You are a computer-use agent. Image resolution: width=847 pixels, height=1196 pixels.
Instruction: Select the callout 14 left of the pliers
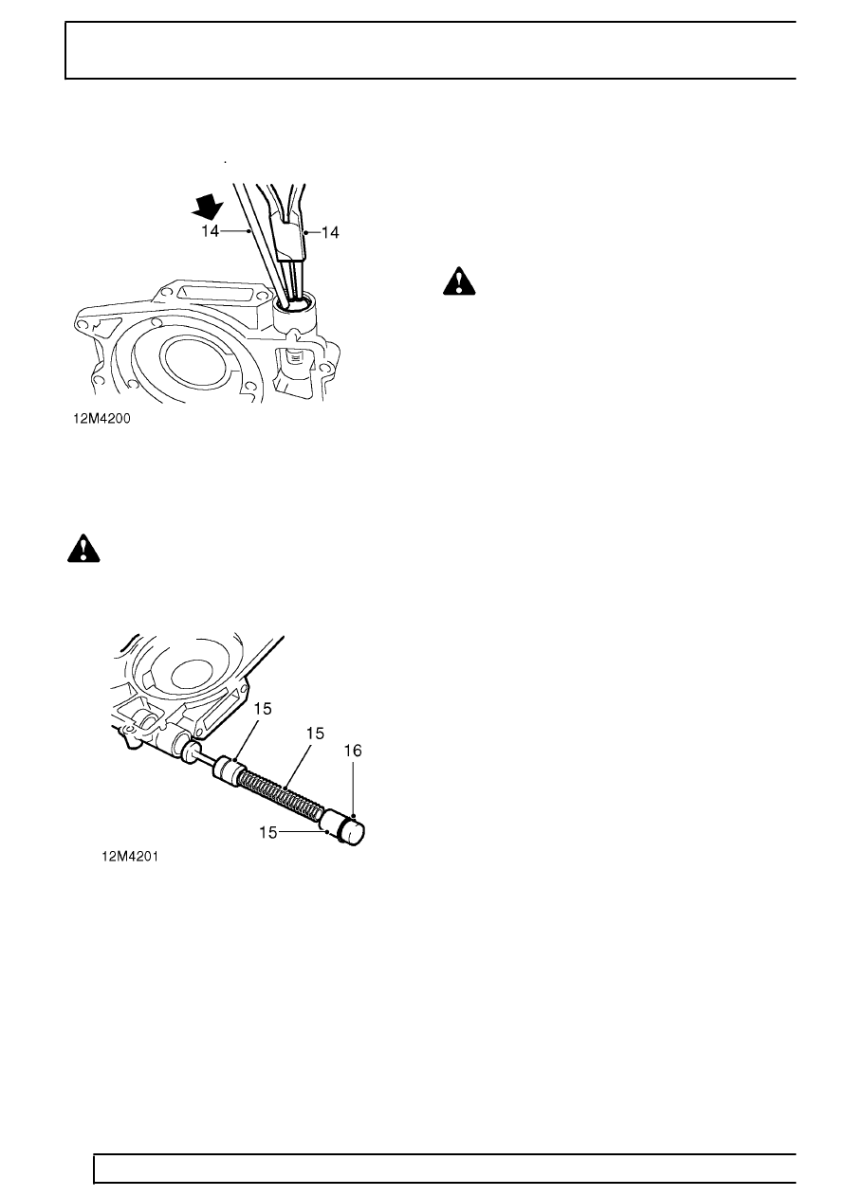pos(210,231)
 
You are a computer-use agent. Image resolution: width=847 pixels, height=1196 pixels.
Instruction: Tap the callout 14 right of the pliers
pos(330,233)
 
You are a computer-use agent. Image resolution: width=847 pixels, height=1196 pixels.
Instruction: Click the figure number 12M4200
pos(101,419)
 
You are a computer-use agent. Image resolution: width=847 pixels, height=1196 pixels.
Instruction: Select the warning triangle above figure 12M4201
pos(83,548)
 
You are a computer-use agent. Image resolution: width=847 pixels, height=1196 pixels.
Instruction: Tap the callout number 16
pos(353,751)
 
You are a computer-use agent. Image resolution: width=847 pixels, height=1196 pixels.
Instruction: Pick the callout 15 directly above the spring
pos(315,734)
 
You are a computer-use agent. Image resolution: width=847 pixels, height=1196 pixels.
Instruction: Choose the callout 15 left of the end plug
pos(268,832)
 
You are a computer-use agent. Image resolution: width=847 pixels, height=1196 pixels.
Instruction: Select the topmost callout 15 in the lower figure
pos(263,709)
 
